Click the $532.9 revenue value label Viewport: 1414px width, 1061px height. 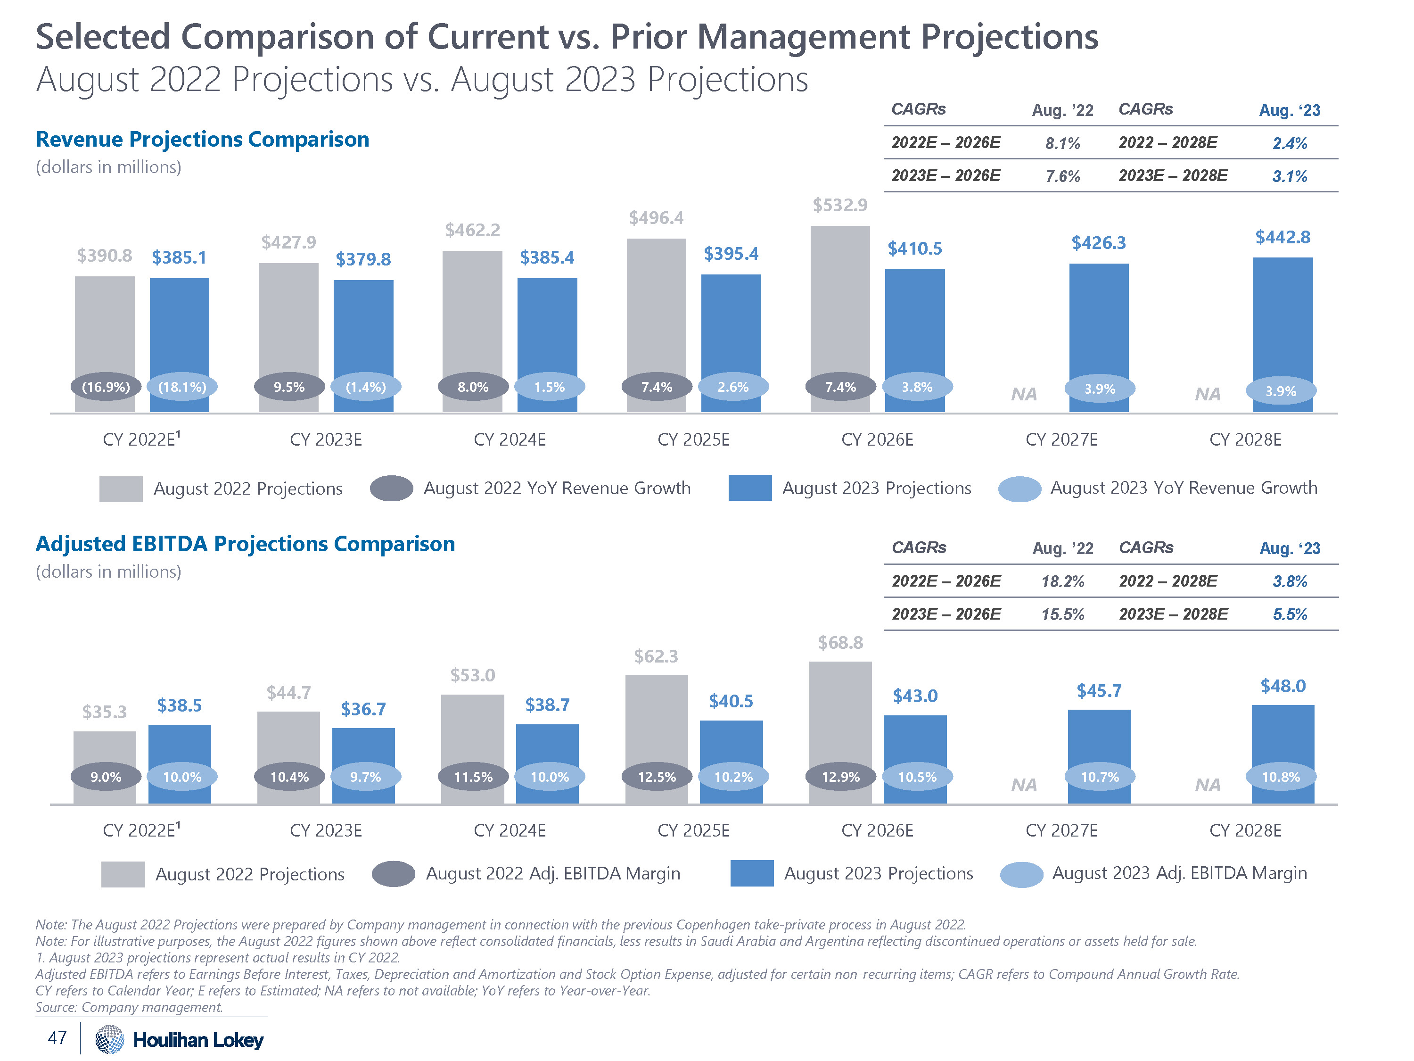pos(840,205)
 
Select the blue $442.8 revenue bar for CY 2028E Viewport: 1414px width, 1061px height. pos(1282,320)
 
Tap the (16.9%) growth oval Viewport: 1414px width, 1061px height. pos(106,387)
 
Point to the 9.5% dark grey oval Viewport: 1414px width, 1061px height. pos(289,387)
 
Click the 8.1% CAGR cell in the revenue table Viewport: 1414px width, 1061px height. pos(1062,143)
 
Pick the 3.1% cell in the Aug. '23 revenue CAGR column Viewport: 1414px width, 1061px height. pos(1290,176)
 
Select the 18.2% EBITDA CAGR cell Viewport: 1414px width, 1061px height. pos(1062,581)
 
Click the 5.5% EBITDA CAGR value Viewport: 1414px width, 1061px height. pos(1290,614)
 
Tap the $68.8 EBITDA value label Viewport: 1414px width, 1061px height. pos(840,643)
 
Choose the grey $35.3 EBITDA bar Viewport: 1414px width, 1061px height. pos(105,748)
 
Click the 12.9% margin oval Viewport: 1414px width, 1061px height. pos(840,777)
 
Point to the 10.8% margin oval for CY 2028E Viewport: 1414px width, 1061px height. pos(1281,777)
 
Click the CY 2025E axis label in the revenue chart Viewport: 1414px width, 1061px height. pos(694,440)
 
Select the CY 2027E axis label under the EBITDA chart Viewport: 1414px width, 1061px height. pos(1061,831)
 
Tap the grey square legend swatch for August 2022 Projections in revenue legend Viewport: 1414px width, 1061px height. pos(121,489)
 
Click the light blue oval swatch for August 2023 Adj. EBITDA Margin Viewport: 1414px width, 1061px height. pos(1021,875)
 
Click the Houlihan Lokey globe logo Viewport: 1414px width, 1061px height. pos(109,1039)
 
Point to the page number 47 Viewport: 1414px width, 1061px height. pos(57,1037)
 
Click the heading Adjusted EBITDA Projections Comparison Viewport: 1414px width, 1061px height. pos(246,544)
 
